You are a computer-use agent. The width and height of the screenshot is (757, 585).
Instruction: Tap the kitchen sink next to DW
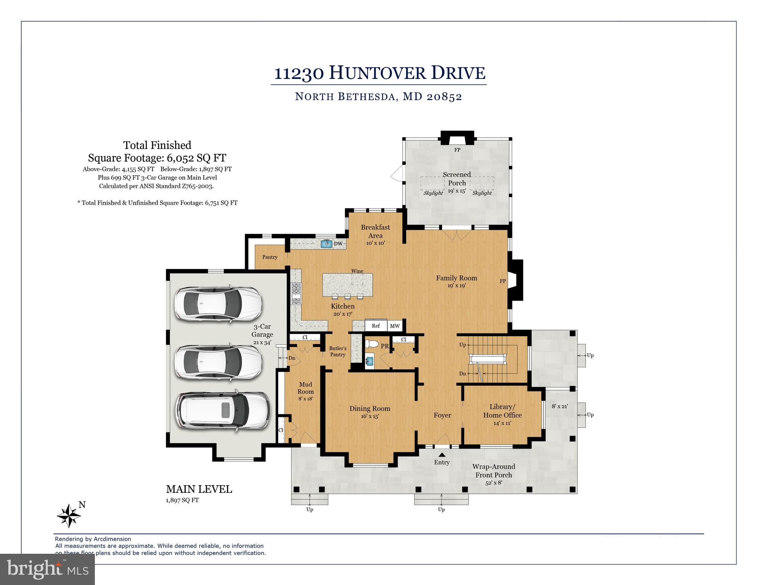326,244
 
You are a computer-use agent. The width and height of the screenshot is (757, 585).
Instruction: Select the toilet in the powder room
371,344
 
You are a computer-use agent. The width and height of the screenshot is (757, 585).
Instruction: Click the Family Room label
456,278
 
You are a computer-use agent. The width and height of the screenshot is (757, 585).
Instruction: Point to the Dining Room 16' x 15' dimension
370,417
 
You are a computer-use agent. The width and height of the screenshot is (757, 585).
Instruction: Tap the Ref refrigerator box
376,326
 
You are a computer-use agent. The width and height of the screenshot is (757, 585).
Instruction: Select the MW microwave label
395,326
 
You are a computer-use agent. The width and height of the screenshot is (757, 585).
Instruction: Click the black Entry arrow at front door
442,455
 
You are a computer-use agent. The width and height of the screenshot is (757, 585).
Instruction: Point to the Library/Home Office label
502,411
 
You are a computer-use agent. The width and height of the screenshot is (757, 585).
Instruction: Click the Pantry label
270,257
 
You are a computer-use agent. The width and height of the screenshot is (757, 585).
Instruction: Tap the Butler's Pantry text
338,351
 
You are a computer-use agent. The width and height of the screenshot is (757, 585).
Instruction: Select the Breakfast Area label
375,231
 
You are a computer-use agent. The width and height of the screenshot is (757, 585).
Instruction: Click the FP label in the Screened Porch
457,150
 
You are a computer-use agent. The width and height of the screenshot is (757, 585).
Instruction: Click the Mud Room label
306,388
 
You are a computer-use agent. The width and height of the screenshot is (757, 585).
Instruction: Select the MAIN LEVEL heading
199,489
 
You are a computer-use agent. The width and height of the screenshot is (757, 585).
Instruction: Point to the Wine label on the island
357,271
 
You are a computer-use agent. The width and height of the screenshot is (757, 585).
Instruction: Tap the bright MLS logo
48,569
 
